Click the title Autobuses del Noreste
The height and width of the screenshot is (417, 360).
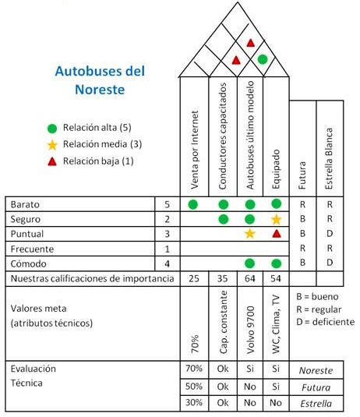point(100,80)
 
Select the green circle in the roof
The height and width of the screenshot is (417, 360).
point(263,59)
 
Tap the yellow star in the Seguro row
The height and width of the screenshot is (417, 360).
point(277,219)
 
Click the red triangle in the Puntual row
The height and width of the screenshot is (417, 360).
point(277,234)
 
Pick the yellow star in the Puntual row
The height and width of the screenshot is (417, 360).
point(249,234)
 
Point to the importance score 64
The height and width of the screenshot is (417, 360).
point(249,278)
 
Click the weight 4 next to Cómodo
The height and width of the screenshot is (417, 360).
point(167,263)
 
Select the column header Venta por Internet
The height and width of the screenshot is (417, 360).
point(194,150)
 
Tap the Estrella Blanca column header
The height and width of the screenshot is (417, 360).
point(329,158)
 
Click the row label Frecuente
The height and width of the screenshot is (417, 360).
point(32,249)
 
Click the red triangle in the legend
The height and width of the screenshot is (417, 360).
point(52,161)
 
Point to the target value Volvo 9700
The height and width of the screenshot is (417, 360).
point(250,330)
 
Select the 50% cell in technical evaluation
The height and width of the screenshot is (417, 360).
point(194,386)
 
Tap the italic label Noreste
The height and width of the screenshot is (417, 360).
point(316,370)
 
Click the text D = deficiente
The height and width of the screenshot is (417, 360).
point(326,322)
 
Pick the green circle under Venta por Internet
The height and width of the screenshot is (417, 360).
point(192,204)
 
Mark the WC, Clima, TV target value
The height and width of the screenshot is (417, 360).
point(277,324)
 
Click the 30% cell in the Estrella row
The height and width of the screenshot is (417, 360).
point(194,402)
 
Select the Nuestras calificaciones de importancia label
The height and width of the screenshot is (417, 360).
point(92,278)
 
